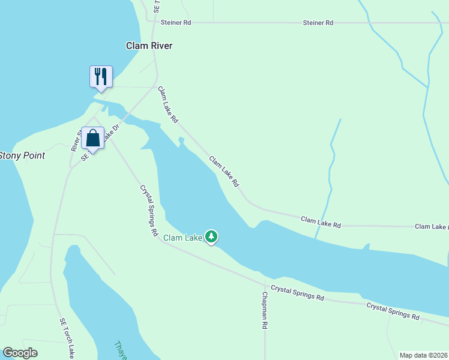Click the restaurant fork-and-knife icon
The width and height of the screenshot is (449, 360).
click(100, 77)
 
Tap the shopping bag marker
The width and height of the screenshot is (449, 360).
click(93, 139)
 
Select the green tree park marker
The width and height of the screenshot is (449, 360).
click(211, 237)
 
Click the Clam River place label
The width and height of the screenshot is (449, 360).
click(149, 46)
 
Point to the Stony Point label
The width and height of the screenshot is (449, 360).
click(22, 155)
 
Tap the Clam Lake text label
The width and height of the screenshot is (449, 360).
click(182, 238)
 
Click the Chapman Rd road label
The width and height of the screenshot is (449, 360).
click(264, 310)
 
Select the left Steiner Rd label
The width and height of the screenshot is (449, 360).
click(176, 22)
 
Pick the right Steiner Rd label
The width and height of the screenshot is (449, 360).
click(318, 22)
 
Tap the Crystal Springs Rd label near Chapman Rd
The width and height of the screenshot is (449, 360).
click(298, 293)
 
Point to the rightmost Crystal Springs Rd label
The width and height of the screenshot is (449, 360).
click(393, 310)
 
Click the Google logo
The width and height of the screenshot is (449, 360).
click(20, 353)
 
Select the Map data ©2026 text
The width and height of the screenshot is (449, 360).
click(423, 355)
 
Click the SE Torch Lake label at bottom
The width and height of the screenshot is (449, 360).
click(67, 339)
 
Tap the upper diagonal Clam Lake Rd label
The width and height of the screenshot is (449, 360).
click(168, 105)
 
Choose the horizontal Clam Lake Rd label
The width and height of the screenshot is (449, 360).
click(321, 223)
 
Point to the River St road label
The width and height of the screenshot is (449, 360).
click(75, 140)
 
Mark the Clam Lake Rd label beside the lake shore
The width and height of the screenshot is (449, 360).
click(224, 172)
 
